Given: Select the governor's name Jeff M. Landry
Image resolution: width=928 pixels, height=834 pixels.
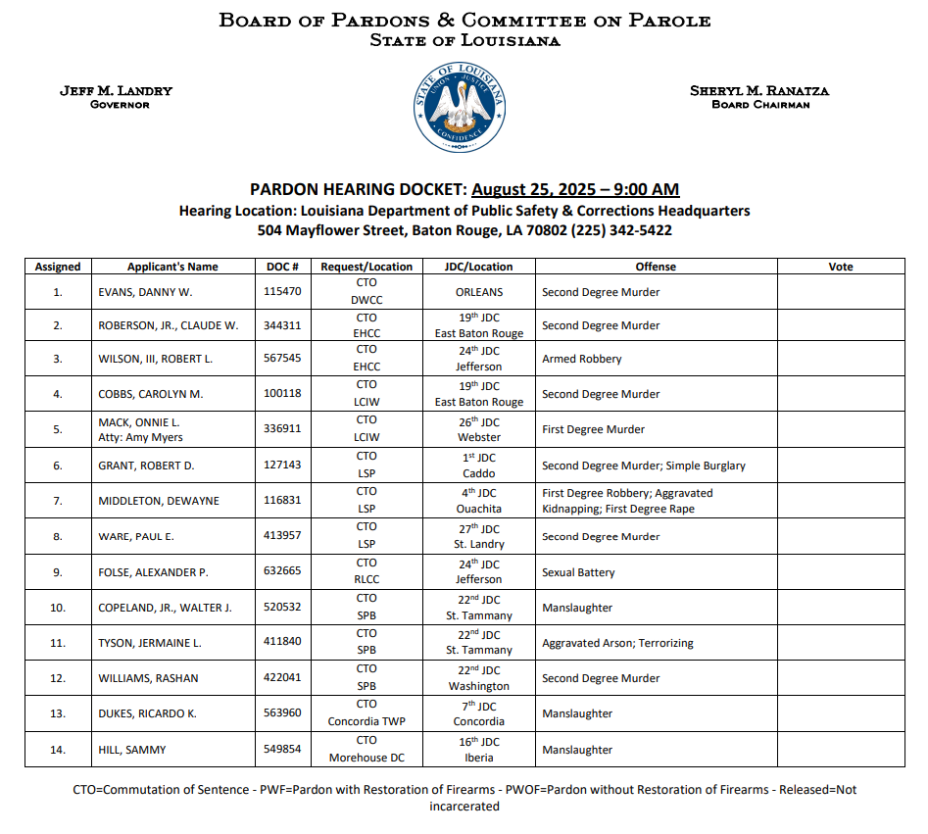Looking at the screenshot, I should click(116, 91).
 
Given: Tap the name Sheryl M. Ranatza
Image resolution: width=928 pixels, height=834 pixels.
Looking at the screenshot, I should click(759, 91).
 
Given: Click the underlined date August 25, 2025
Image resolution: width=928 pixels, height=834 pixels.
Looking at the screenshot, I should click(575, 190).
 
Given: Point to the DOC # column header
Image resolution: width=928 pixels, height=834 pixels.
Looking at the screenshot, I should click(282, 267).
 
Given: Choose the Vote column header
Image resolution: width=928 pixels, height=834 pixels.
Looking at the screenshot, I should click(840, 267).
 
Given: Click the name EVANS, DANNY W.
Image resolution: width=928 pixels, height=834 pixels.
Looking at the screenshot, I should click(145, 292).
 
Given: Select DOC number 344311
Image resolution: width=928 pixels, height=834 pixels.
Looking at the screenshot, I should click(282, 324).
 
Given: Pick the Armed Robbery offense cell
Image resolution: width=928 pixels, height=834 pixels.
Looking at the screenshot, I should click(581, 359).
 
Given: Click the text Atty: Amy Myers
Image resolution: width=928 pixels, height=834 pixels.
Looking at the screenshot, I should click(140, 437).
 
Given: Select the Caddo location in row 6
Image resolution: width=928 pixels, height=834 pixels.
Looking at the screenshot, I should click(478, 473).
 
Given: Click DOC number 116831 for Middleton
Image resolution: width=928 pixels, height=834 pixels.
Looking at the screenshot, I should click(282, 500).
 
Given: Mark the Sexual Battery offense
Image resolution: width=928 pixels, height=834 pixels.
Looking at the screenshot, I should click(577, 572).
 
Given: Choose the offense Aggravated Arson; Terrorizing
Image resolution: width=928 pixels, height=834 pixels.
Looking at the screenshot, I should click(617, 643).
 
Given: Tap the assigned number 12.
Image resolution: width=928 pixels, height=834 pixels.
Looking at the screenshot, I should click(58, 679).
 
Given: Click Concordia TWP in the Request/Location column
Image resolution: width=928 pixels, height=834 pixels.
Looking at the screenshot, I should click(366, 721).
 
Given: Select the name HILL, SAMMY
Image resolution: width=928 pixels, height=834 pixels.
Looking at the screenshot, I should click(132, 750).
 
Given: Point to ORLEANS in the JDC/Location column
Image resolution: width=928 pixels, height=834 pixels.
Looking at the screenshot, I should click(478, 292).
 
